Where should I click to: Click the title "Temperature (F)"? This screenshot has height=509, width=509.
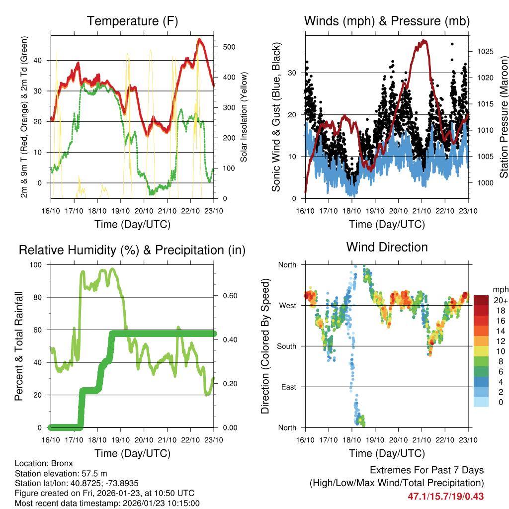click(x=132, y=21)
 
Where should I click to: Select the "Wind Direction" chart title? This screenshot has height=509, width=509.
click(x=387, y=247)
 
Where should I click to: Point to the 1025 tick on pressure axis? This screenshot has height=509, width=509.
click(x=484, y=51)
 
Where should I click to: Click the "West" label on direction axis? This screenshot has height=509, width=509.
click(x=287, y=305)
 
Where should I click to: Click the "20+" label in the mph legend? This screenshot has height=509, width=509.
click(x=500, y=300)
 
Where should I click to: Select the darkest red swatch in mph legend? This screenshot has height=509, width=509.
click(x=481, y=300)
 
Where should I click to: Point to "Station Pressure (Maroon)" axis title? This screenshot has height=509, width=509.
click(x=503, y=117)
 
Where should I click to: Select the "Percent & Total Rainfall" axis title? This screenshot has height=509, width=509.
click(x=18, y=346)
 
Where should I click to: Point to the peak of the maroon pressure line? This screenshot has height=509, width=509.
click(x=424, y=41)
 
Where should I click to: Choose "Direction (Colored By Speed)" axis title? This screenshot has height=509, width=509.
click(x=265, y=346)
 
